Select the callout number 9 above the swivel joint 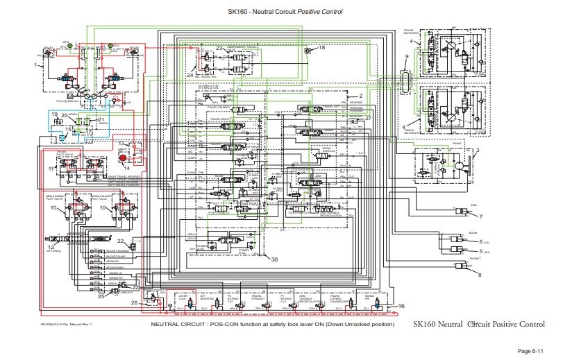point(407,56)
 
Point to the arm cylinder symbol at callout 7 point(462,212)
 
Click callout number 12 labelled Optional point(50,247)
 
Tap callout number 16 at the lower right point(401,305)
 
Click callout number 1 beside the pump point(35,65)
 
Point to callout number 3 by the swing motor point(478,150)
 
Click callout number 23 point(219,48)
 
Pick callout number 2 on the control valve point(361,95)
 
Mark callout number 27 point(369,117)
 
